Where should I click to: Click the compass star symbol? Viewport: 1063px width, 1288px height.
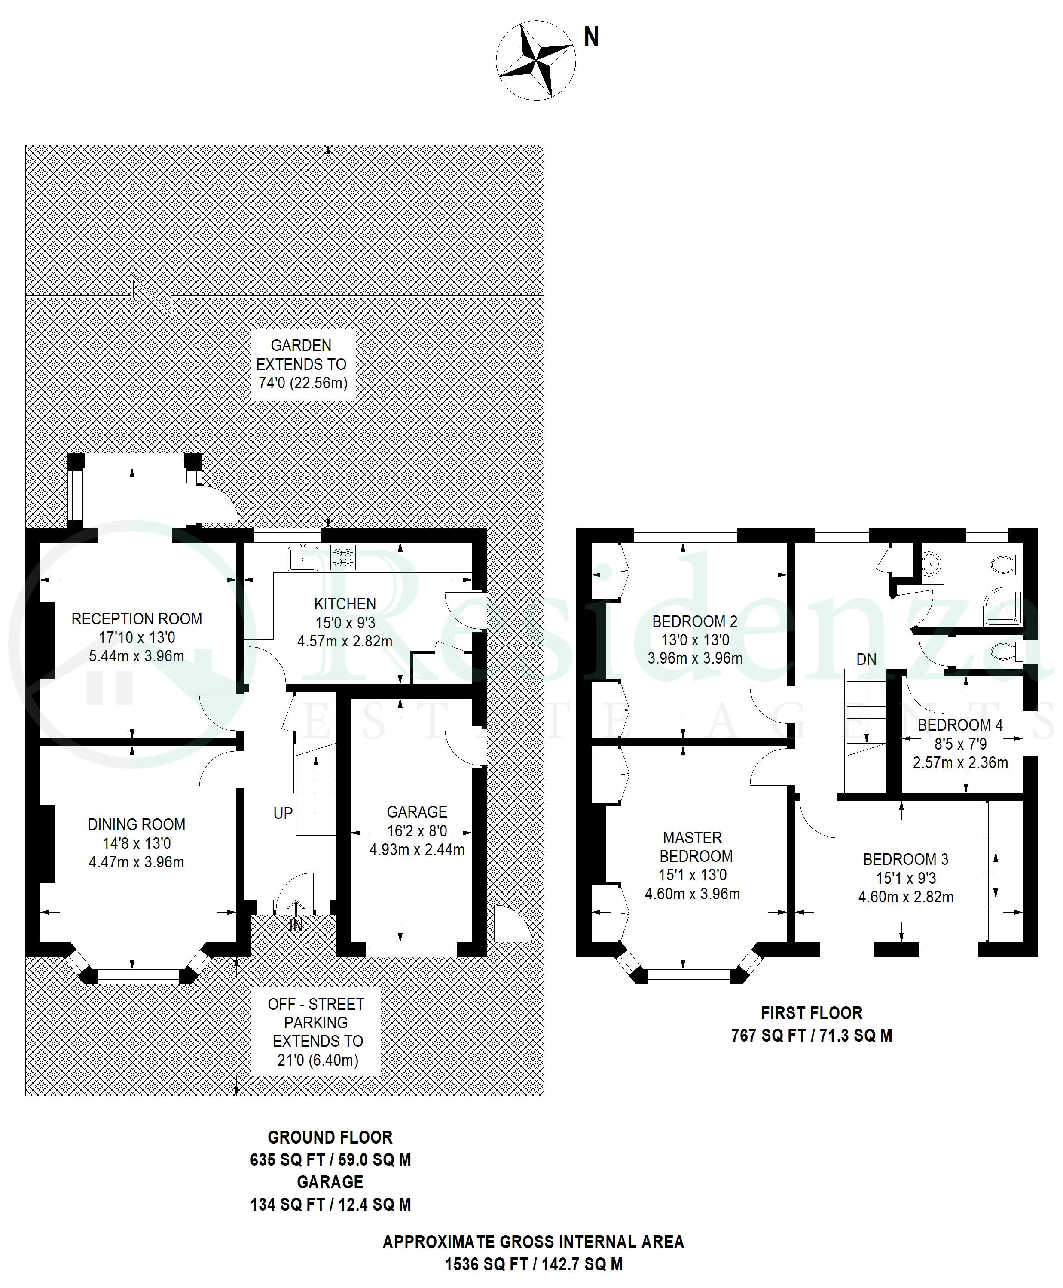(x=536, y=60)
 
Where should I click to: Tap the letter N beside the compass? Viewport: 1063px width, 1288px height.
(x=591, y=37)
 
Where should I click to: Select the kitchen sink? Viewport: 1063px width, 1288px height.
(x=302, y=559)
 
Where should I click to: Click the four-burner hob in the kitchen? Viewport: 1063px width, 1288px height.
(x=343, y=557)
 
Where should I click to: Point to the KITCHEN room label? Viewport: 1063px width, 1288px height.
(x=345, y=603)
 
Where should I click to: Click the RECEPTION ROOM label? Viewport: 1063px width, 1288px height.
(x=137, y=619)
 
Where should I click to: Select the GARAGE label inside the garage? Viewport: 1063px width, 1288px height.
(x=417, y=812)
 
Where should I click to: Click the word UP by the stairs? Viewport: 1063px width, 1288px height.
(x=283, y=813)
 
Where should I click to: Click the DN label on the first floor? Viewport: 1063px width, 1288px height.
(x=867, y=659)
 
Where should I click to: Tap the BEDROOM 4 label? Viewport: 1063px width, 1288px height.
(x=960, y=725)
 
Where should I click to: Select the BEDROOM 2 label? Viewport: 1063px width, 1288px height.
(x=695, y=621)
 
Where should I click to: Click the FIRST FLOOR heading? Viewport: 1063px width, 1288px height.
(x=812, y=1013)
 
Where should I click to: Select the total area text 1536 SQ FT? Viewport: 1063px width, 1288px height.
(x=486, y=1264)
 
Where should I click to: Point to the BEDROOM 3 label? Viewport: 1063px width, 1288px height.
(x=906, y=859)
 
